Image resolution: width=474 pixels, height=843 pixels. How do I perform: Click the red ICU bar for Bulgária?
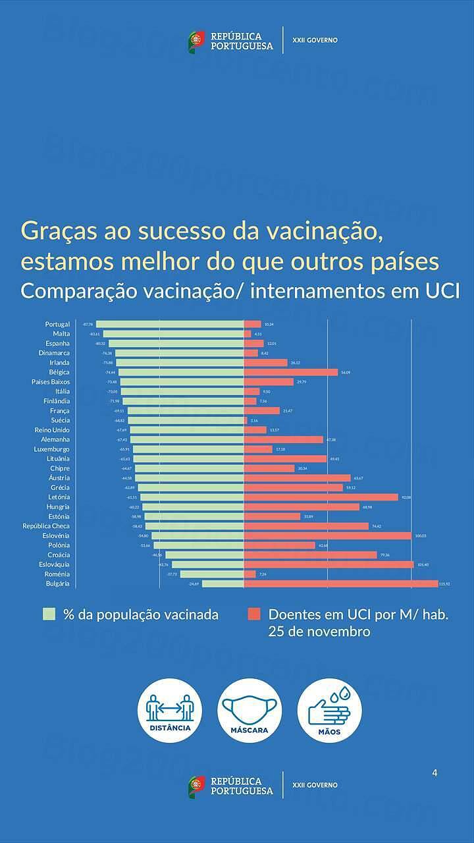tap(340, 584)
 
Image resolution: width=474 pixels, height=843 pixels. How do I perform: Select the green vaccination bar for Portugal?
tap(170, 324)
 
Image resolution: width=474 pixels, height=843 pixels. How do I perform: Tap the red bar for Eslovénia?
tap(327, 535)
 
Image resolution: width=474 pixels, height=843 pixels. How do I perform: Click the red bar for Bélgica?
tap(290, 372)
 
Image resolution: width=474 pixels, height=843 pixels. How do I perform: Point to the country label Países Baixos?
tap(51, 382)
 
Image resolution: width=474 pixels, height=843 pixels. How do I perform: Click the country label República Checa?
tap(46, 526)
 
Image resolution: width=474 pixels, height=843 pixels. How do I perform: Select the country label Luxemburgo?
tap(52, 449)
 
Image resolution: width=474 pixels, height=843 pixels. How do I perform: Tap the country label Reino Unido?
tap(52, 430)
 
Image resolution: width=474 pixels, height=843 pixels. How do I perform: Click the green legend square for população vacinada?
tap(49, 614)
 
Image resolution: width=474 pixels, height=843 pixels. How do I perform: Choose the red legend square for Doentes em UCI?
tap(254, 614)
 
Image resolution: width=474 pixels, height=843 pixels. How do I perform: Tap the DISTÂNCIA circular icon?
tap(170, 711)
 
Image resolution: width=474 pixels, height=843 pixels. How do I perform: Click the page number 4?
tap(434, 773)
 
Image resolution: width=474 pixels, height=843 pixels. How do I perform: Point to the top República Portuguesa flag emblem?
tap(196, 41)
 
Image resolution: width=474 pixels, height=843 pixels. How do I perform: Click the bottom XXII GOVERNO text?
tap(315, 785)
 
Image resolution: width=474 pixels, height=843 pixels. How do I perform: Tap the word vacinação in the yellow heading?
tap(323, 232)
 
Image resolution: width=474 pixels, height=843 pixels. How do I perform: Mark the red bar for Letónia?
tap(321, 497)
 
